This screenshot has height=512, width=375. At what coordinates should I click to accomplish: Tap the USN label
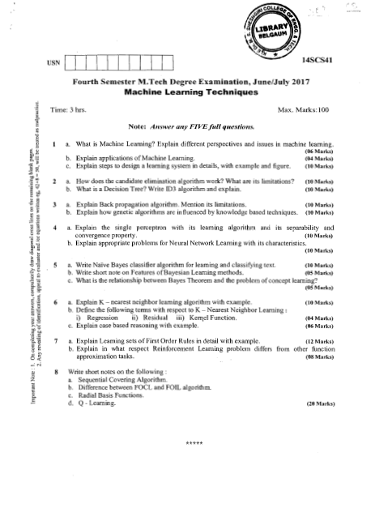tap(53, 62)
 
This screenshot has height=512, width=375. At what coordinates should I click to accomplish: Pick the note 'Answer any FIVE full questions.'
tap(191, 127)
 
